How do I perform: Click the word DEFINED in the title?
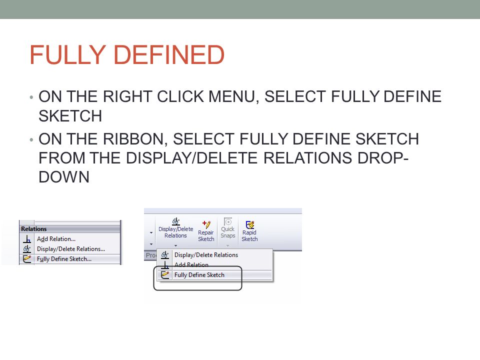(172, 55)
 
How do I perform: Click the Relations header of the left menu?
(34, 228)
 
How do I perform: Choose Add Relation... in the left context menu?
(56, 239)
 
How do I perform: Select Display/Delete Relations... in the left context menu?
(70, 249)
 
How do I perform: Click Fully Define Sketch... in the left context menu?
(64, 259)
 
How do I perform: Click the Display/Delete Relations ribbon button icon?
(175, 221)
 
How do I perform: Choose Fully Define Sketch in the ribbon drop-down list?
(199, 274)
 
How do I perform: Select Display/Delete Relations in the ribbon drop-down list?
(206, 255)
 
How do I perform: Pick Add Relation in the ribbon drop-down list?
(191, 265)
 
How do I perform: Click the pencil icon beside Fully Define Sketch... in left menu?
(27, 259)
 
